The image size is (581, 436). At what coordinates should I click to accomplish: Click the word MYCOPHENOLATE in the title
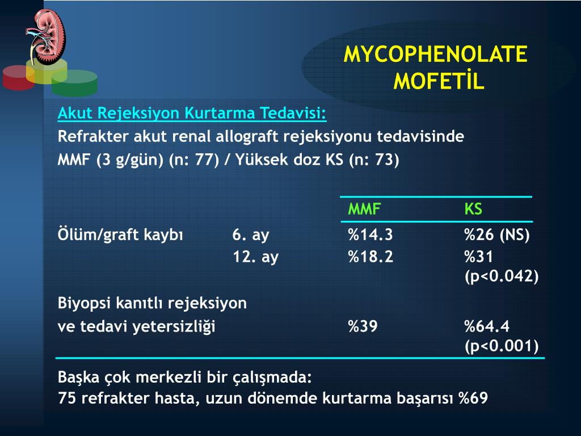pyautogui.click(x=435, y=54)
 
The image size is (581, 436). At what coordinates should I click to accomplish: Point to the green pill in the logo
pyautogui.click(x=74, y=83)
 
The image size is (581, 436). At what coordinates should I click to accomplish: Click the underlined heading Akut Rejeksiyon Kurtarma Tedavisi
pyautogui.click(x=192, y=113)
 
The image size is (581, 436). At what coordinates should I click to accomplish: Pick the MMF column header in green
pyautogui.click(x=364, y=209)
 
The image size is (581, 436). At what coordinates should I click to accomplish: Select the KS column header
pyautogui.click(x=473, y=209)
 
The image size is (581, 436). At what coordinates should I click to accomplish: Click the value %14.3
pyautogui.click(x=370, y=234)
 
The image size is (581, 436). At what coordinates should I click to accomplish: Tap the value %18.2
pyautogui.click(x=370, y=257)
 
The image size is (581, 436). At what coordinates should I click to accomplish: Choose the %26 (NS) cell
pyautogui.click(x=497, y=235)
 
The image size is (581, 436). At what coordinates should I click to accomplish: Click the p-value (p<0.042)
pyautogui.click(x=502, y=276)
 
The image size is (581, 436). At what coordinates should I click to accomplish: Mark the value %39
pyautogui.click(x=363, y=326)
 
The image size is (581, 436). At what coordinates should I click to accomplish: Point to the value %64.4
pyautogui.click(x=487, y=326)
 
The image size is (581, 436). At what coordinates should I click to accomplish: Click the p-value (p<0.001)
pyautogui.click(x=502, y=346)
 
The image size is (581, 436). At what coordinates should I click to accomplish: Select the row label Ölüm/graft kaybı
pyautogui.click(x=120, y=235)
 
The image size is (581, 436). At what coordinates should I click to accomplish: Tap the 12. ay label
pyautogui.click(x=256, y=257)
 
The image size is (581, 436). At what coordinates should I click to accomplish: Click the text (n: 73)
pyautogui.click(x=374, y=160)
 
